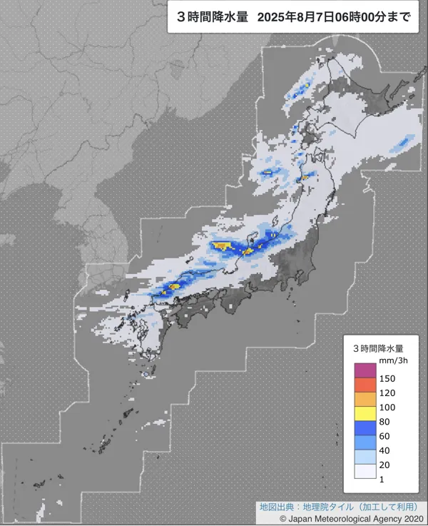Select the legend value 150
point(387,378)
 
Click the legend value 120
point(387,393)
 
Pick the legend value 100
point(387,407)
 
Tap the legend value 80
point(385,421)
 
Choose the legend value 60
point(385,435)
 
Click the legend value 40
point(385,450)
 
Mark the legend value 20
point(385,464)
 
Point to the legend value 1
point(382,478)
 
